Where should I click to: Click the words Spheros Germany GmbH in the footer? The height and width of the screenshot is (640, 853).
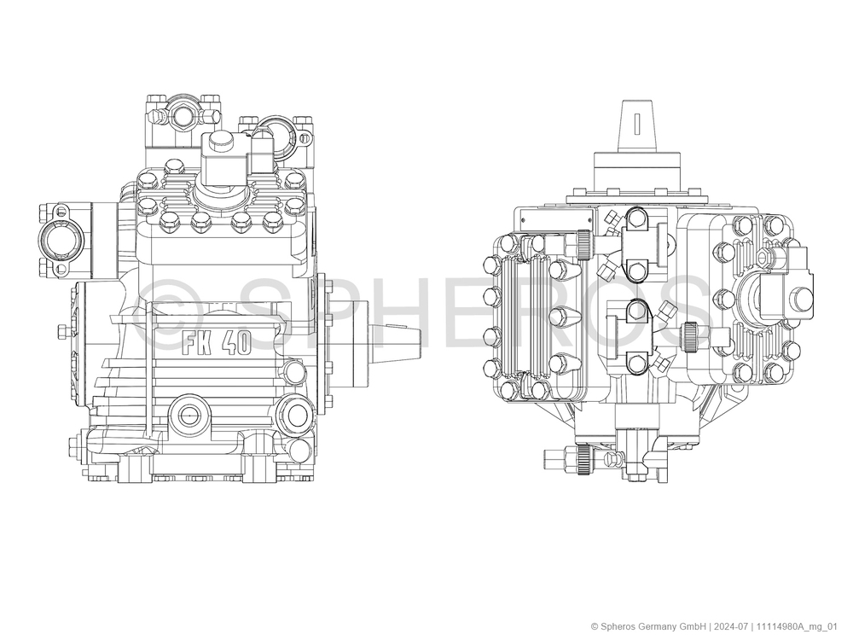click(653, 625)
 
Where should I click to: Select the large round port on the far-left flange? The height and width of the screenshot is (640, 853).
click(58, 240)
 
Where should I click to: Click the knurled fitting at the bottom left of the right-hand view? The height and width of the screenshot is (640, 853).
click(585, 459)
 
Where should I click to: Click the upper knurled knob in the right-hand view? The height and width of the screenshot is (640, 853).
click(583, 244)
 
